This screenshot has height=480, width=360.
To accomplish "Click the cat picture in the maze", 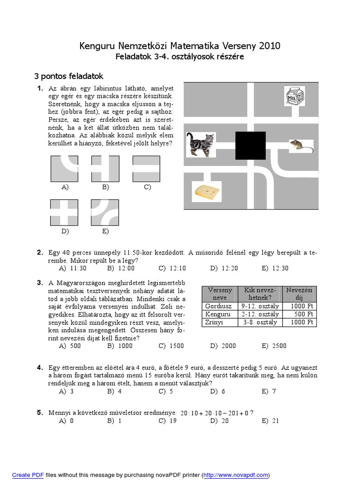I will tap(201, 144).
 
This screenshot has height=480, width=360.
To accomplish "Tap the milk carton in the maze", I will tap(295, 97).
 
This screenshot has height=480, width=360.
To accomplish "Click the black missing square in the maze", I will tap(250, 146).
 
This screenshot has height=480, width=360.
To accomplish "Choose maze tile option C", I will tap(147, 169).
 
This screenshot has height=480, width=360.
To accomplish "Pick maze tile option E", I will tap(105, 213).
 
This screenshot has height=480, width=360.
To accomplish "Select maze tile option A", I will tap(64, 169).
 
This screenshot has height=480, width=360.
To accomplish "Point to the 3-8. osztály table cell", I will tap(260, 322).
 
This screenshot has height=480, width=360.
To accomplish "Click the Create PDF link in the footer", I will tap(28, 475).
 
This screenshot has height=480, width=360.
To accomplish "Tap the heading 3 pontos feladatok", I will tap(68, 76).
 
